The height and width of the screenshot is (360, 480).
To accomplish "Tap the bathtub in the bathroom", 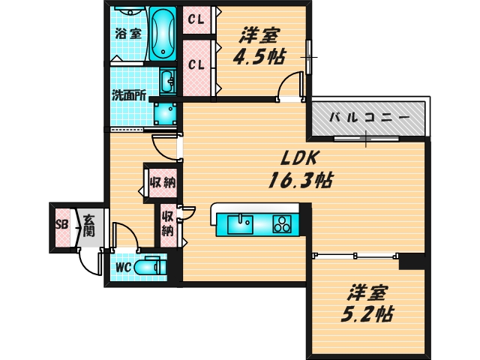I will (x=162, y=34).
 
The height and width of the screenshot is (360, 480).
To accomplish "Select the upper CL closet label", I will (x=196, y=19).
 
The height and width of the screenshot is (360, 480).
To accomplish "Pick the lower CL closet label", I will (x=196, y=65).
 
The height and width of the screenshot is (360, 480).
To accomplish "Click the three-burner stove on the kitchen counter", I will (x=283, y=223).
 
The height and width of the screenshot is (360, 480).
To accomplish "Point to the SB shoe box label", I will (x=61, y=224).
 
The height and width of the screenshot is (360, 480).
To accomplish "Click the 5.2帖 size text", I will (x=370, y=302).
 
